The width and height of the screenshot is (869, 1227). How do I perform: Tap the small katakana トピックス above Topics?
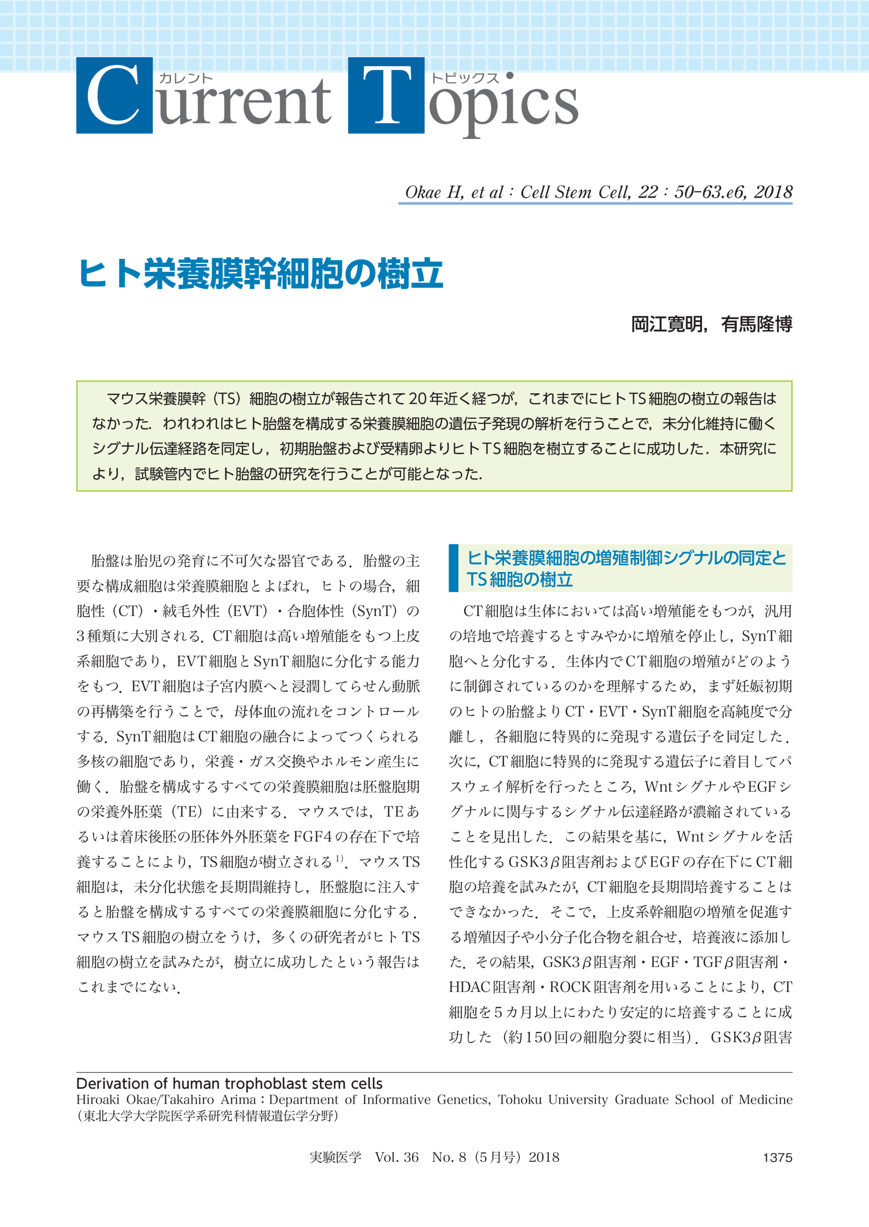pyautogui.click(x=465, y=78)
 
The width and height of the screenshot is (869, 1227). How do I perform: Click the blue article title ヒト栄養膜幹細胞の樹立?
pyautogui.click(x=261, y=273)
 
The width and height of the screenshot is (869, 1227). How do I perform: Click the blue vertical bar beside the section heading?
pyautogui.click(x=454, y=568)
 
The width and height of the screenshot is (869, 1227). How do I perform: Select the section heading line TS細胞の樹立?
pyautogui.click(x=519, y=579)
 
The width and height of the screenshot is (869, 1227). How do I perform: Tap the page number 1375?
pyautogui.click(x=777, y=1158)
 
